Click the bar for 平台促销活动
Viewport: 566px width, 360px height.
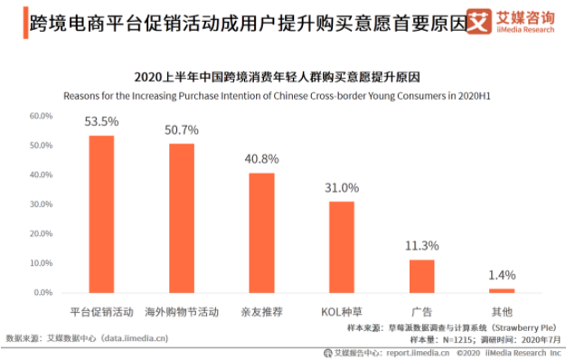point(101,214)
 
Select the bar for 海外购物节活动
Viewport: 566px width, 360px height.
point(182,218)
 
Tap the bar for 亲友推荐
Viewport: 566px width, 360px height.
point(262,232)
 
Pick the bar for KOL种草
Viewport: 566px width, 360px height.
point(342,247)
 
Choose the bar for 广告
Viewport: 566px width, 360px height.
point(422,276)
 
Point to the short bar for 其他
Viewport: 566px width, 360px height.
point(502,290)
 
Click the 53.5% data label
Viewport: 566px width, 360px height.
point(101,122)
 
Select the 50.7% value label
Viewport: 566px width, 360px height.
point(182,130)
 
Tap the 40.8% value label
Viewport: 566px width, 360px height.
point(262,159)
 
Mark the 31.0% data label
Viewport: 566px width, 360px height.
point(342,188)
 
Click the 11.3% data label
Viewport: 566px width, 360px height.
point(422,246)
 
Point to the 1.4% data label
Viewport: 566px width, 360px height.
point(502,275)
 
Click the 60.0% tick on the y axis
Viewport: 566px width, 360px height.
point(42,116)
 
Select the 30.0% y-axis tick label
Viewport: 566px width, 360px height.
point(42,204)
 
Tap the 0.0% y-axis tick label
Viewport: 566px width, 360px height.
point(44,293)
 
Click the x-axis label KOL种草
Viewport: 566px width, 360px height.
point(342,311)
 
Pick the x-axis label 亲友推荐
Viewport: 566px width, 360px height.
point(262,311)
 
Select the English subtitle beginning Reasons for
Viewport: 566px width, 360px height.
point(283,95)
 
